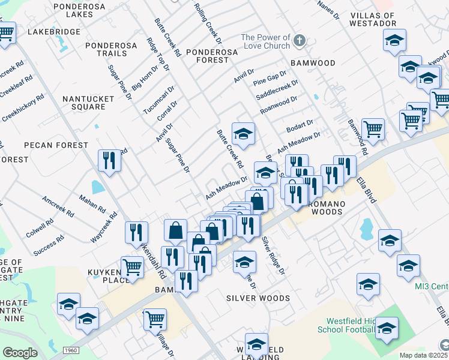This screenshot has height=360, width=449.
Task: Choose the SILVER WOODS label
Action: tap(258, 298)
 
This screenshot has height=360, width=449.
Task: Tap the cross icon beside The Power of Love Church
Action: tap(300, 41)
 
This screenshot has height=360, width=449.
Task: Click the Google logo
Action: tap(20, 353)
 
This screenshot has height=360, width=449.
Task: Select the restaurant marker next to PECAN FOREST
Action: tap(109, 160)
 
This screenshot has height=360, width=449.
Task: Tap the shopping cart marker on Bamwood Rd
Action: tap(373, 128)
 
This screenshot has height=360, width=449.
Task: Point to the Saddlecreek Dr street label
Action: tap(277, 91)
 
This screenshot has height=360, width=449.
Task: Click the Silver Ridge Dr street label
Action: tap(272, 255)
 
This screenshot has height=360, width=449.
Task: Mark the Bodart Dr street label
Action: tap(300, 127)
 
